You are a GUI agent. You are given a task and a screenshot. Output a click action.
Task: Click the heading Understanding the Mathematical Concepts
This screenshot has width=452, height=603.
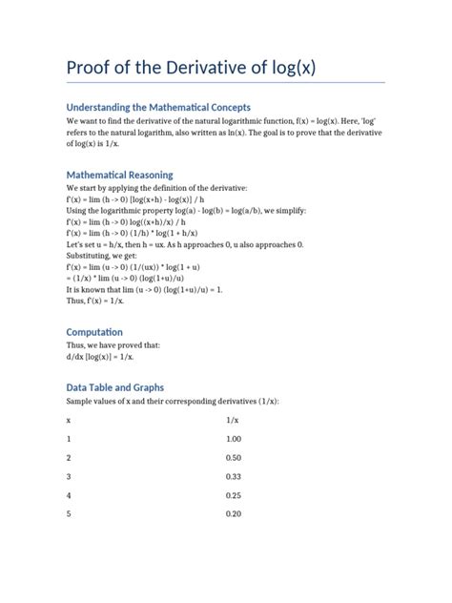[158, 107]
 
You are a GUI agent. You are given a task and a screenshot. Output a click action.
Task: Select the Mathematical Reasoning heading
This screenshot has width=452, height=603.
[119, 175]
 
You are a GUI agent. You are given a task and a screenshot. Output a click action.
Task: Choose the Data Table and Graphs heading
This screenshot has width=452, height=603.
[114, 387]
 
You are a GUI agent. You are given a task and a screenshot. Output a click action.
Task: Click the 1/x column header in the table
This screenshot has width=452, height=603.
[233, 420]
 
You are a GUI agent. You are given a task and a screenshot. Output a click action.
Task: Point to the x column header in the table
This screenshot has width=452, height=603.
[69, 420]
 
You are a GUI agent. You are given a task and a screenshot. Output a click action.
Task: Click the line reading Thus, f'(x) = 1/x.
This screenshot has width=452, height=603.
[107, 299]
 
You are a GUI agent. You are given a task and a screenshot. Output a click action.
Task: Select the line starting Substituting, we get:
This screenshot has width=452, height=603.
[109, 257]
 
